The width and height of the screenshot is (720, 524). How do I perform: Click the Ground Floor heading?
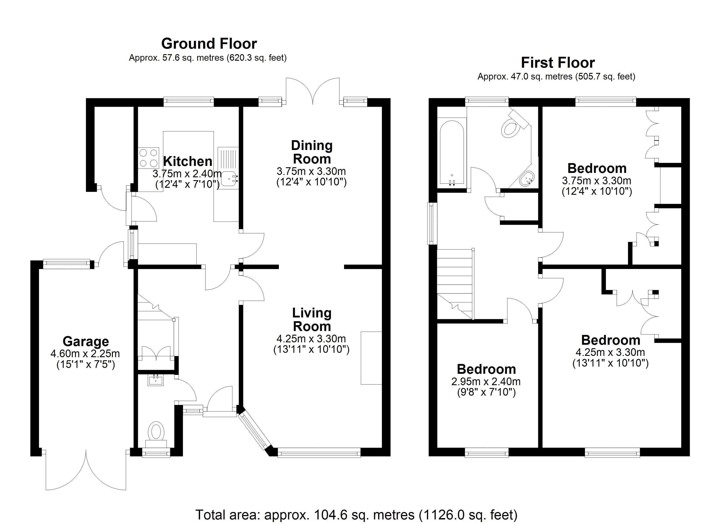click(x=209, y=44)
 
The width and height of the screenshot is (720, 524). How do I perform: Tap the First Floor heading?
click(x=557, y=63)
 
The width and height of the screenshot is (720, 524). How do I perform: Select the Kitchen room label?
click(x=188, y=161)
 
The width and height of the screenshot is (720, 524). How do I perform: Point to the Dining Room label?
click(x=312, y=152)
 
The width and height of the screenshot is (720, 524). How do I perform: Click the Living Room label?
click(x=312, y=320)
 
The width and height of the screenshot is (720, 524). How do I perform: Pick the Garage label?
click(x=86, y=342)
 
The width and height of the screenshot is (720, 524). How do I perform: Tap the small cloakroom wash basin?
click(x=156, y=380)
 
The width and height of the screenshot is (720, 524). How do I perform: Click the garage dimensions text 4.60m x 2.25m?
click(x=85, y=353)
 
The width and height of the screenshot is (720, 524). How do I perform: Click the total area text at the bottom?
click(x=356, y=514)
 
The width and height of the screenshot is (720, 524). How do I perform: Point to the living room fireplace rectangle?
click(x=371, y=358)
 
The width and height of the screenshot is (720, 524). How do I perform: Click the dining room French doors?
click(x=313, y=91)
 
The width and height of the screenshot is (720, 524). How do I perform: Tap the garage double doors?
click(x=86, y=472)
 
